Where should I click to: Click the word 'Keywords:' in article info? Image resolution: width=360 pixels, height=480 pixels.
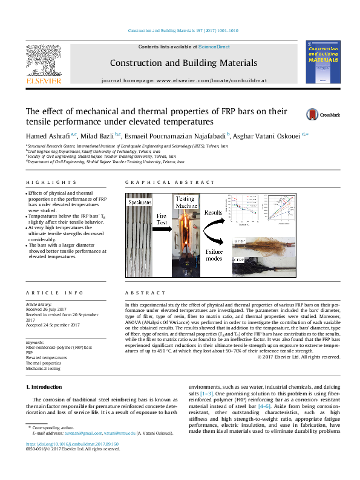[x=36, y=342]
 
